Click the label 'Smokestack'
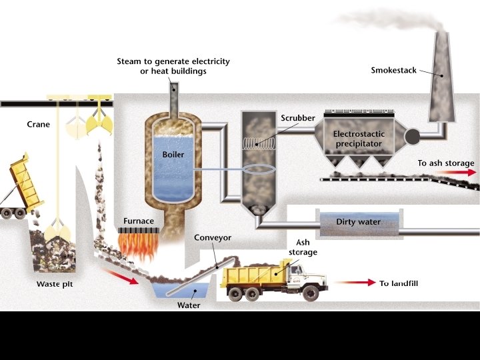393,70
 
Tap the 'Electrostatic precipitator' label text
359,139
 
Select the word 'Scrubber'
297,118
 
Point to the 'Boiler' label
173,154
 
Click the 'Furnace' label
139,221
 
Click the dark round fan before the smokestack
411,137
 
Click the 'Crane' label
38,125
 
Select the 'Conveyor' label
212,237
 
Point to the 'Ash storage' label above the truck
303,247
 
